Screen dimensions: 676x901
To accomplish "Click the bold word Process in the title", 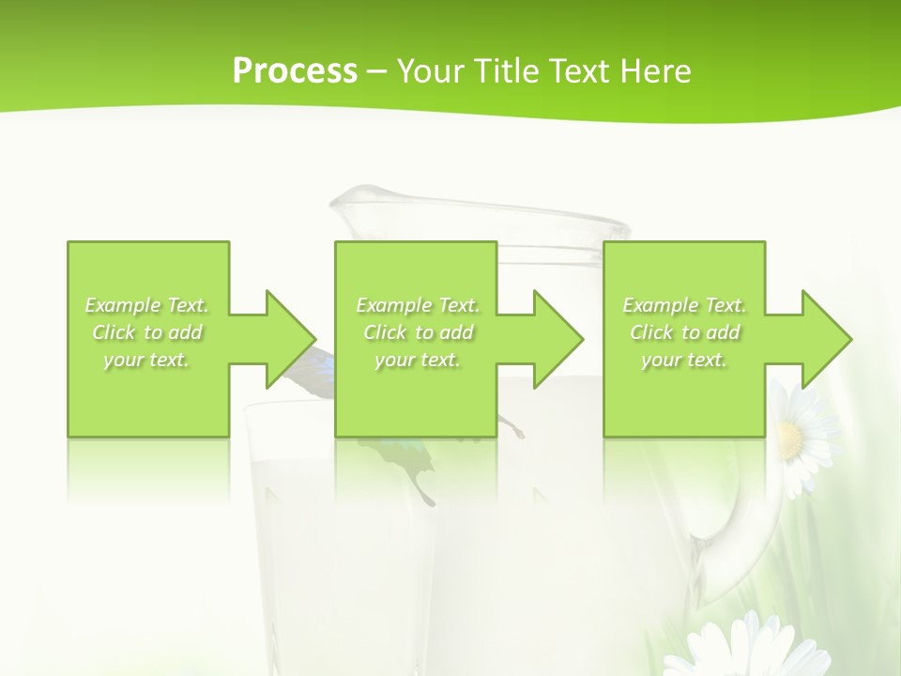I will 295,71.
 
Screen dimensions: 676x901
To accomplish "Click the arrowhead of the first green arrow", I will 292,339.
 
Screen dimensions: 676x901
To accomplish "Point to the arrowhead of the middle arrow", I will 559,339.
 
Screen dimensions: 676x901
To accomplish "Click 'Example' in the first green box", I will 123,305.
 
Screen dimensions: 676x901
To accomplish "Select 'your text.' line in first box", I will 147,360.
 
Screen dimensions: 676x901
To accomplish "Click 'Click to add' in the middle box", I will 418,332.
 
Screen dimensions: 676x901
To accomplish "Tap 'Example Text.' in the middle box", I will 418,305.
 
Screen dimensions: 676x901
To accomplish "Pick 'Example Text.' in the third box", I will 684,305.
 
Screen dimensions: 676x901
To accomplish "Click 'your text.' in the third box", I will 684,360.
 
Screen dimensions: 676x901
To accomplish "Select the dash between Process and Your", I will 377,71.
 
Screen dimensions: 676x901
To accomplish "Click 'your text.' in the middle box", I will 418,360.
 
